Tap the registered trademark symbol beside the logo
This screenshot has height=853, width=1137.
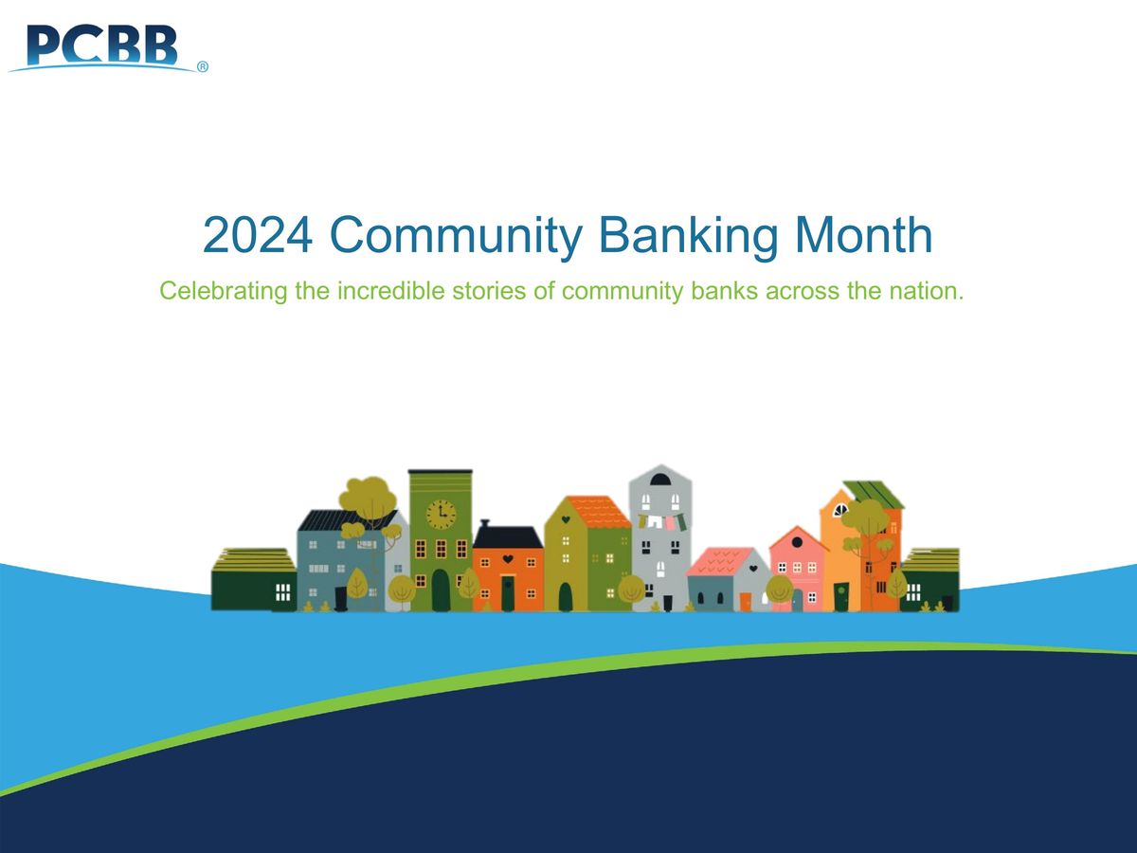tap(203, 67)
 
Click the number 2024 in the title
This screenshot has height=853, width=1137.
tap(258, 236)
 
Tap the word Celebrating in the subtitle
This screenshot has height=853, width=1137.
tap(223, 291)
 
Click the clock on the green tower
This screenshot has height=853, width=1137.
tap(441, 515)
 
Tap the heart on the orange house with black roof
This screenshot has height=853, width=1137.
tap(508, 559)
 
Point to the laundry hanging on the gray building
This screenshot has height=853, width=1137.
tap(660, 521)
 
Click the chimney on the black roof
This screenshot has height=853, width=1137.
tap(484, 523)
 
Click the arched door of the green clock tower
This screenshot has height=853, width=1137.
tap(441, 592)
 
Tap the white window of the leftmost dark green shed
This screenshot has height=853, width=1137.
tap(282, 592)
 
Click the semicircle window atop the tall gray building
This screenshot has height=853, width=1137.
tap(661, 480)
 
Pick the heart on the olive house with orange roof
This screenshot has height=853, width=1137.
tap(566, 519)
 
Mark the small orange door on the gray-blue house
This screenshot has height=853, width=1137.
tap(746, 601)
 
